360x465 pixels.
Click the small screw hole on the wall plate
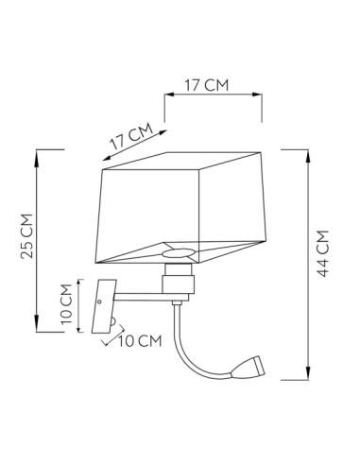100,300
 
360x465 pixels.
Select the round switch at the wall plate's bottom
112,324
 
